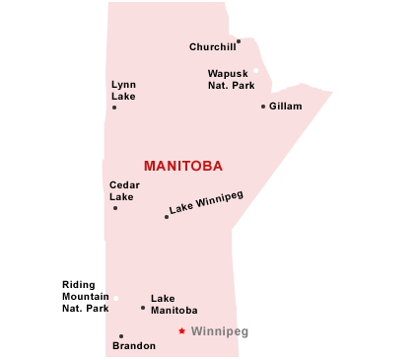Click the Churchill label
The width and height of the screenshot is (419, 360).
(211, 46)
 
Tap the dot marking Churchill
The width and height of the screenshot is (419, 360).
(239, 41)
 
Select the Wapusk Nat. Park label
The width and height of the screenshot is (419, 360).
(231, 79)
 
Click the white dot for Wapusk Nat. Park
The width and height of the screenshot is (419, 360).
(255, 70)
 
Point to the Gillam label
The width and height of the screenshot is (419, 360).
(286, 106)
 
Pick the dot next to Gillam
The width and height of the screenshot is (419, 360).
(263, 107)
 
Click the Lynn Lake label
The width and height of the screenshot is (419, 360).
(123, 91)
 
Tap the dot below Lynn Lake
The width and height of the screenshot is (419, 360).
(114, 107)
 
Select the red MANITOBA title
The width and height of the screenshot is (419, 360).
(182, 166)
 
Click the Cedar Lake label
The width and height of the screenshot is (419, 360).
(124, 190)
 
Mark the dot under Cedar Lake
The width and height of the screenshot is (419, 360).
(115, 208)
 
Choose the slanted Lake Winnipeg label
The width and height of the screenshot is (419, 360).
(206, 202)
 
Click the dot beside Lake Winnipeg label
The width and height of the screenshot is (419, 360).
(167, 217)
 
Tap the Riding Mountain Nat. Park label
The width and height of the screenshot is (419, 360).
(85, 296)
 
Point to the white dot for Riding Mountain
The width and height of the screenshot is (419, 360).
(115, 298)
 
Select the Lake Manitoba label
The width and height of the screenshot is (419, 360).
(174, 304)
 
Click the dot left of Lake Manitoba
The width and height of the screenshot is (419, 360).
(143, 308)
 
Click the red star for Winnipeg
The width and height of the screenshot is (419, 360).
(181, 331)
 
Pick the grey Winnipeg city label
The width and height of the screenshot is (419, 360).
(219, 331)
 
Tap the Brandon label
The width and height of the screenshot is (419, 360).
(133, 346)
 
